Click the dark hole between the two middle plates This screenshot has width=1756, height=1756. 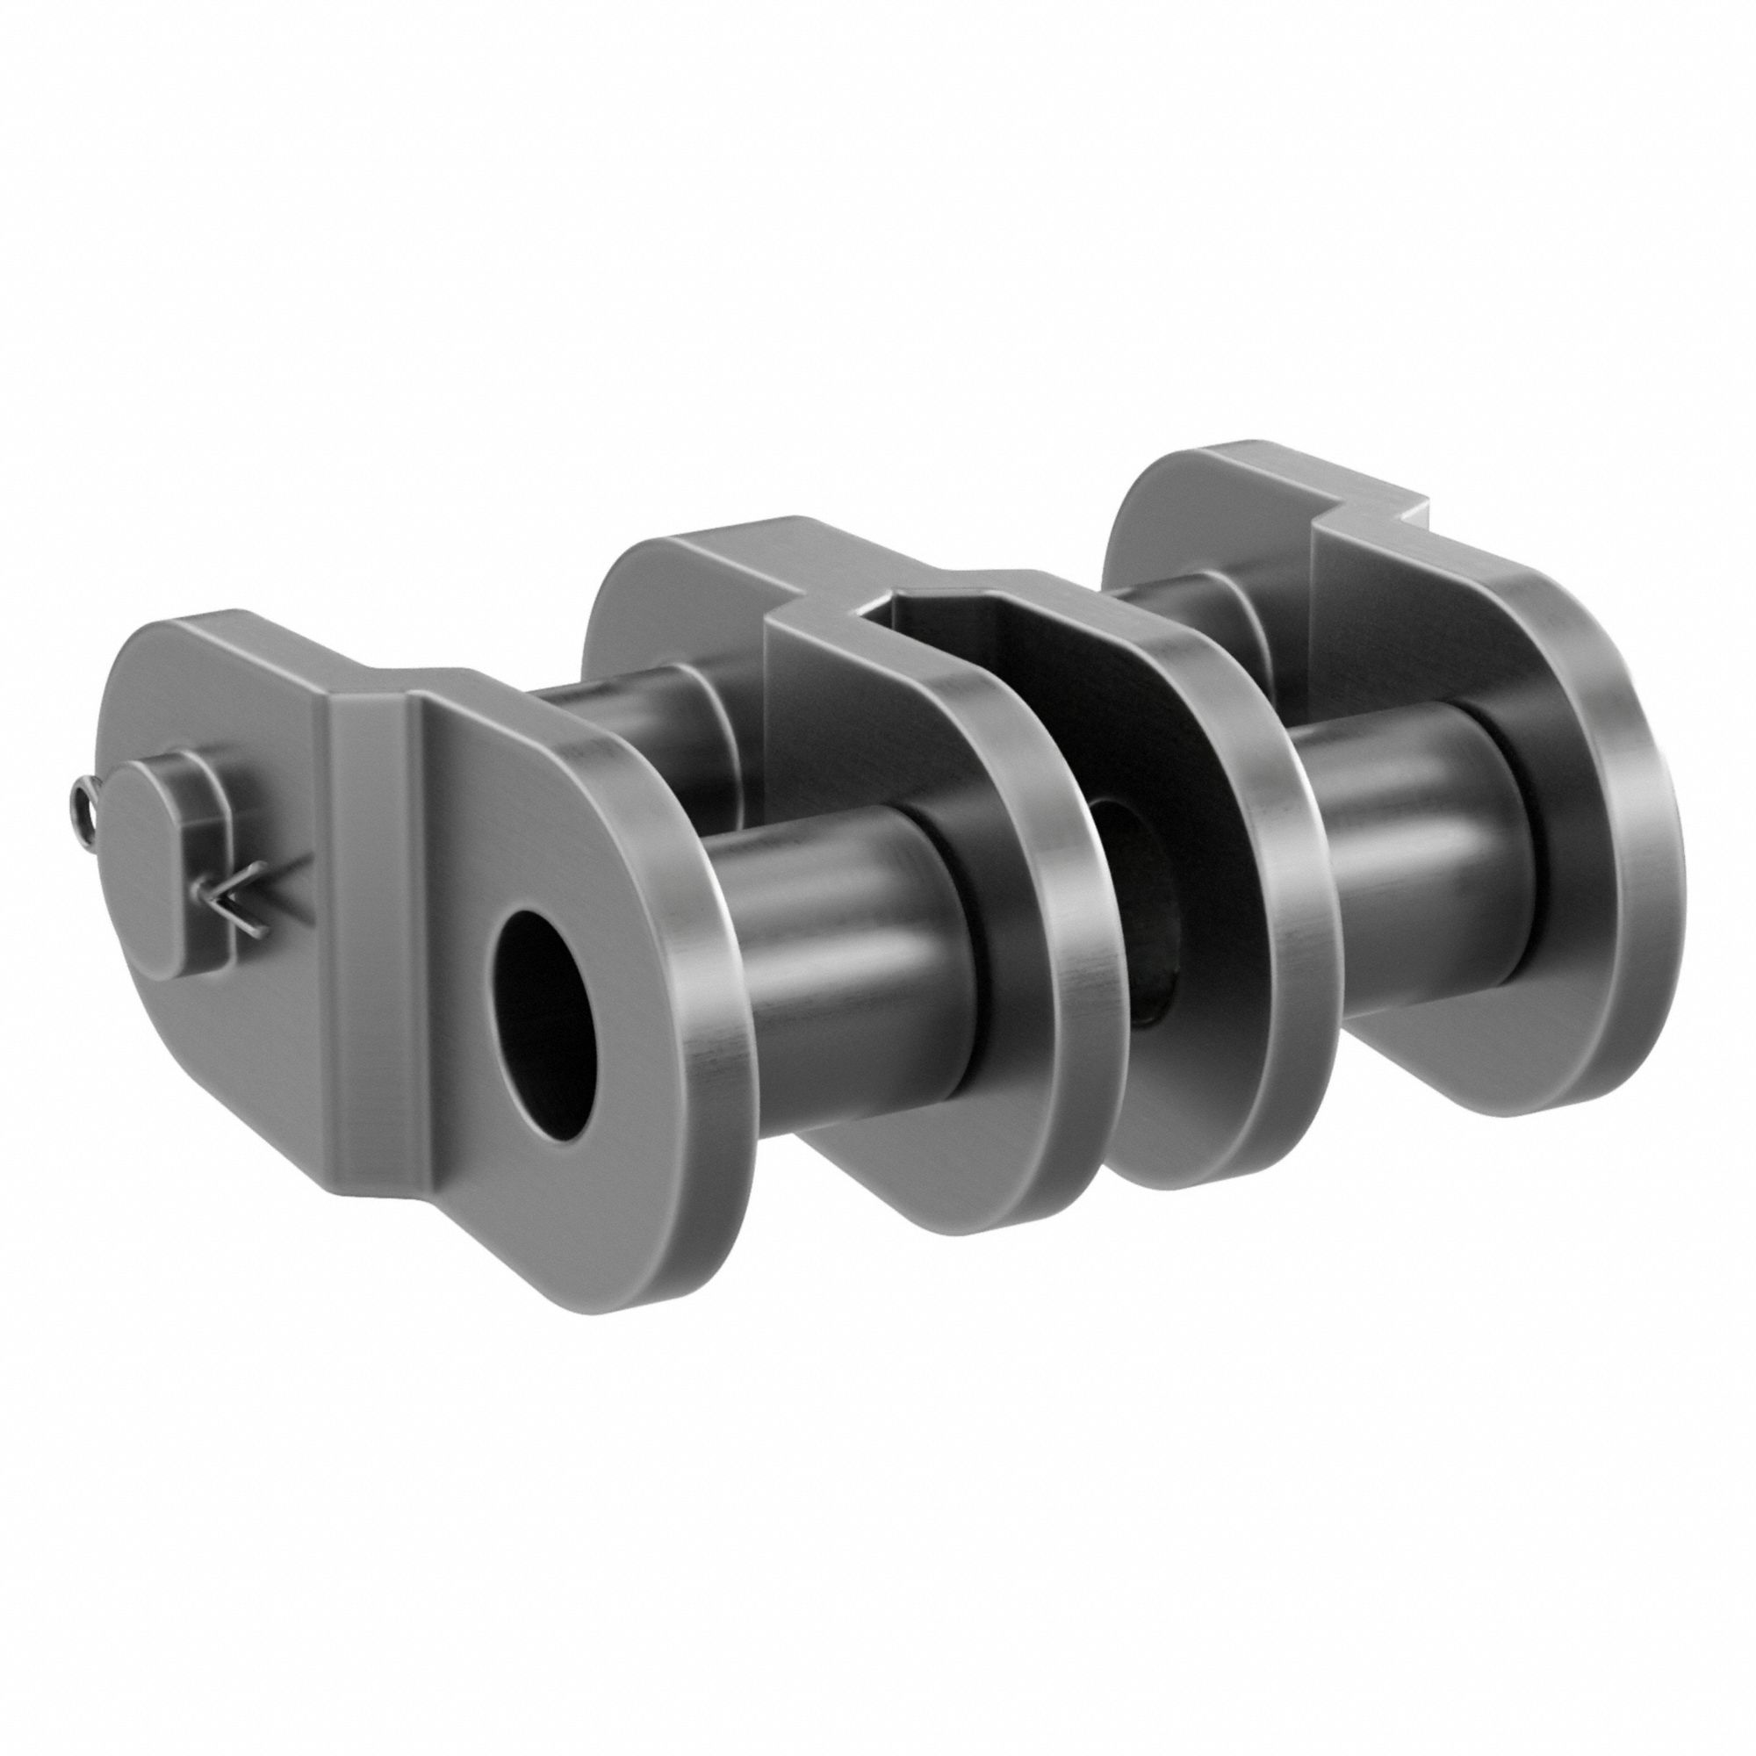point(1132,850)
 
